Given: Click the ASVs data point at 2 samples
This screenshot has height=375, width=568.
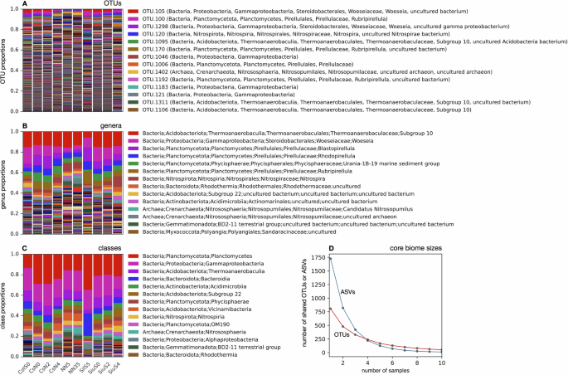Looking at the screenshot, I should (343, 308).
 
